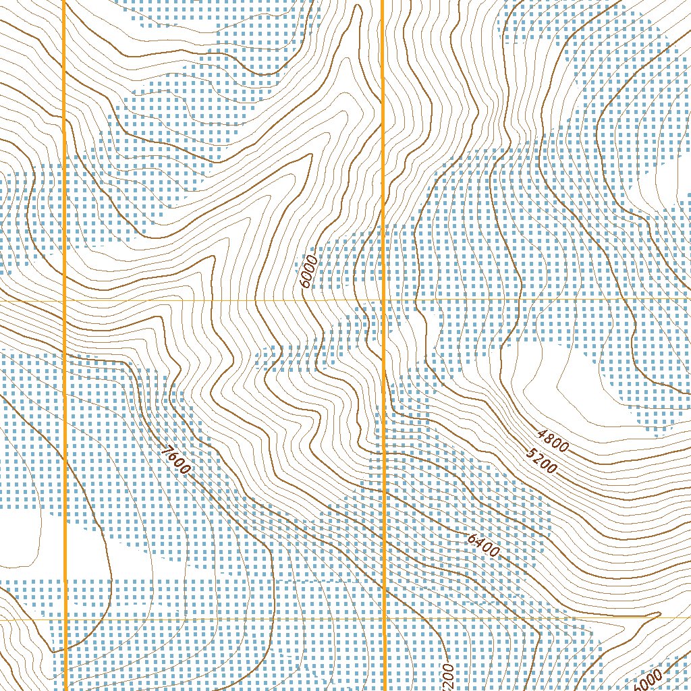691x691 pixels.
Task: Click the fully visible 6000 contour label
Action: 309,271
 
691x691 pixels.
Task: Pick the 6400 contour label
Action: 482,545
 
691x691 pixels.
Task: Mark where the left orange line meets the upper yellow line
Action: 64,299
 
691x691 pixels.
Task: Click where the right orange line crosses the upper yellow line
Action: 383,298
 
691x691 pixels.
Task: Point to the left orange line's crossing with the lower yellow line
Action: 65,619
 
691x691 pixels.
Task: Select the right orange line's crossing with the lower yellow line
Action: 384,618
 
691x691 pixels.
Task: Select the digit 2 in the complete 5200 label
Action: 537,459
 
